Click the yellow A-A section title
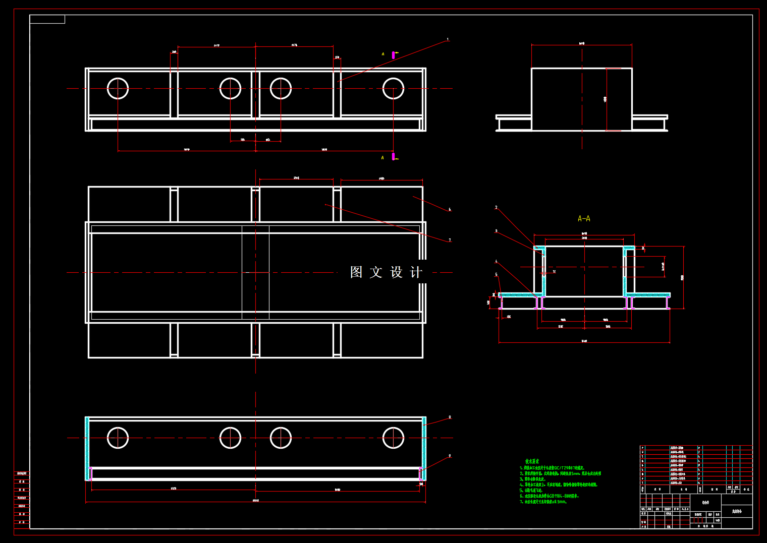(x=584, y=218)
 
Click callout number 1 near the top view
(x=448, y=39)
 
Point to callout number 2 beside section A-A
(x=496, y=207)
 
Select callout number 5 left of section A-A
(x=496, y=275)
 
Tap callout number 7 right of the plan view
(x=450, y=240)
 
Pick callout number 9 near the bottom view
(x=450, y=456)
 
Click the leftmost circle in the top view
(x=118, y=89)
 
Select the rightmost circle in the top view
(x=393, y=89)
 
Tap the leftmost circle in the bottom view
(x=118, y=438)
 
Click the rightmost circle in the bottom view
(x=393, y=438)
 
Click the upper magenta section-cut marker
(x=394, y=54)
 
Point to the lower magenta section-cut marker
(x=394, y=157)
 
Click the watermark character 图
(x=356, y=272)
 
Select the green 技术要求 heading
(x=532, y=461)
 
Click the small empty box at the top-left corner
(x=47, y=19)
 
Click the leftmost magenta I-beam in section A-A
(x=501, y=303)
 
